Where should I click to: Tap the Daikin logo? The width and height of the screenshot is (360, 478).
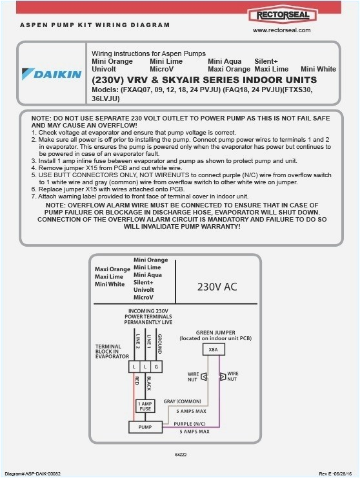coord(52,73)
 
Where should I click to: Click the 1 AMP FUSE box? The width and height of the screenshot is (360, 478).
coord(145,406)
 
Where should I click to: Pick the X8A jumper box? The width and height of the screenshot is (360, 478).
coord(212,350)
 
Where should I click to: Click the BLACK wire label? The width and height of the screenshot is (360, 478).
coord(148,383)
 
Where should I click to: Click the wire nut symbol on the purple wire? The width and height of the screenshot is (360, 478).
coord(223,376)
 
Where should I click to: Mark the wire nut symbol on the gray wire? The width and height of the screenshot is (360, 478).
coord(205,376)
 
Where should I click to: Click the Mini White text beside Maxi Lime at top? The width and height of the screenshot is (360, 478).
coord(319,68)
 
